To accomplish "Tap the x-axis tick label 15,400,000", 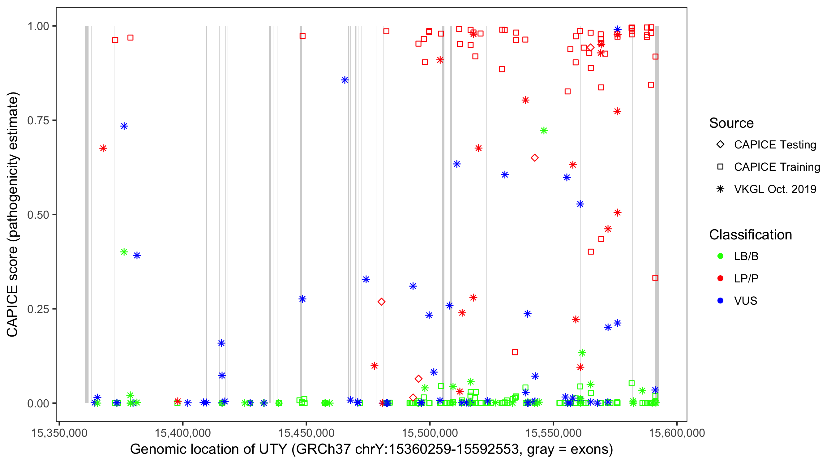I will pos(183,433).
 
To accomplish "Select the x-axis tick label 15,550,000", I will pos(553,433).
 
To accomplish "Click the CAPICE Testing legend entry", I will pos(775,145).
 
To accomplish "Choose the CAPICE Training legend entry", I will pos(777,167).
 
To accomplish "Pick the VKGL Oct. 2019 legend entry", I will pos(775,189).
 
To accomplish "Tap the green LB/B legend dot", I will pos(720,256).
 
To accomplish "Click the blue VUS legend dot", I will pos(720,301).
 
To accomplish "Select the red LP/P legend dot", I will pos(720,278).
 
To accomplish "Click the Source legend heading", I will pos(731,123).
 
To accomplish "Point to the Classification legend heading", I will pos(750,235).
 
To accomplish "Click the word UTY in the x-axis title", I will pos(273,449).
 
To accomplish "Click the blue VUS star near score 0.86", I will pos(345,80).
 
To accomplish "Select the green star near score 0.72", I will pos(544,131).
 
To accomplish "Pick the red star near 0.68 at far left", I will pos(103,148).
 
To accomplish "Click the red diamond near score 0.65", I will pos(534,158).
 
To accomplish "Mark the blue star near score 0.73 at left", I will pos(124,126).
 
